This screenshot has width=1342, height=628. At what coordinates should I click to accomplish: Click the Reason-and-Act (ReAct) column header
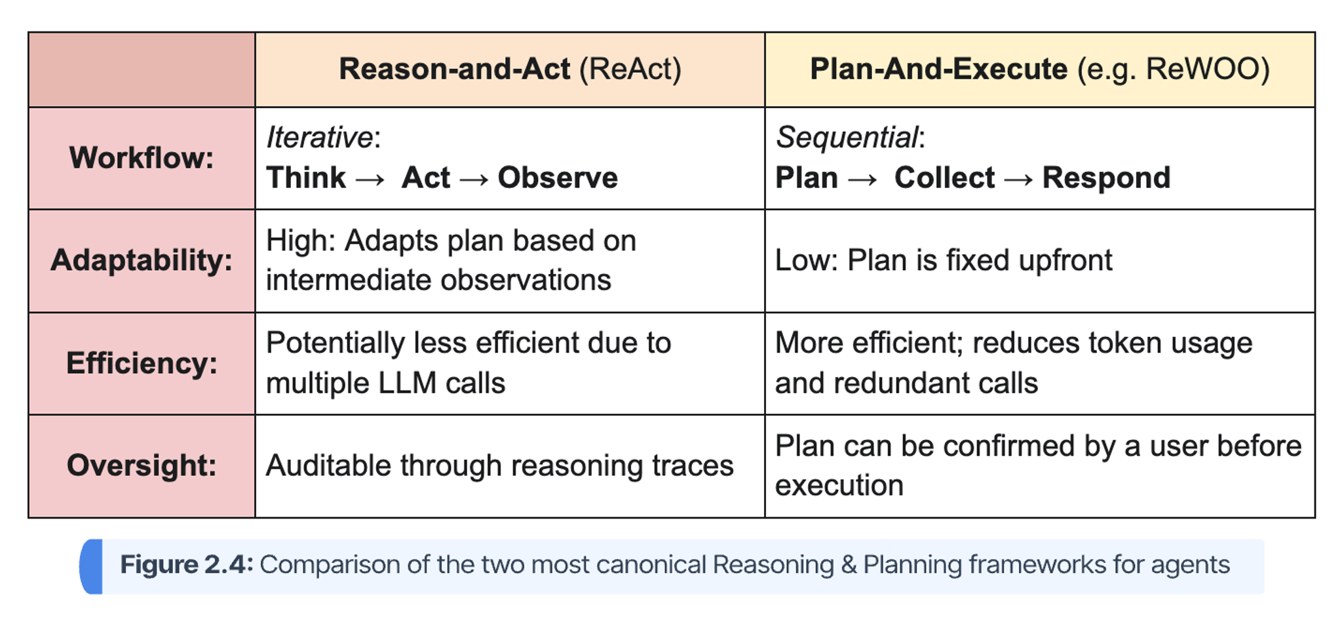tap(510, 69)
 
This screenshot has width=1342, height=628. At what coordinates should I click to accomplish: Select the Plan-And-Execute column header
tap(1040, 69)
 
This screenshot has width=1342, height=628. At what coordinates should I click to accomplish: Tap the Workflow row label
tap(142, 158)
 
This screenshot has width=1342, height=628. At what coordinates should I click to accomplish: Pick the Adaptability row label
tap(142, 260)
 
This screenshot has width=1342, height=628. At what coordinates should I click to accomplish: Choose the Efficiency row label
tap(142, 363)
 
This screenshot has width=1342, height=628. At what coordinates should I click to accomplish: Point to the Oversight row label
tap(142, 465)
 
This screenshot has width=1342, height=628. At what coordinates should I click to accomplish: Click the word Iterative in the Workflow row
tap(319, 138)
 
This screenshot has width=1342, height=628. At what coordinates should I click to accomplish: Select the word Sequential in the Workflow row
tap(847, 138)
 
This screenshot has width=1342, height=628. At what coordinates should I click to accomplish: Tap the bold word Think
tap(305, 178)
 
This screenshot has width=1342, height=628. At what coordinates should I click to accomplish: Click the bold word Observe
tap(558, 178)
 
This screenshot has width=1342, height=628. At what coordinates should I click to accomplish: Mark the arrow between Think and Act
tap(370, 179)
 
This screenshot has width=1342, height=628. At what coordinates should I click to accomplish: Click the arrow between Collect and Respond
tap(1018, 179)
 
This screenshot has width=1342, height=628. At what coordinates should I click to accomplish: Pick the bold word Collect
tap(944, 178)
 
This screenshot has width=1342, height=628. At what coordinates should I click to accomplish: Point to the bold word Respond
tap(1106, 178)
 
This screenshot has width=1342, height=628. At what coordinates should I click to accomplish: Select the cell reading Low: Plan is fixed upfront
tap(944, 260)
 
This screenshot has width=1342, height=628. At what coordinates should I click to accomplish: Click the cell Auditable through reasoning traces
tap(499, 465)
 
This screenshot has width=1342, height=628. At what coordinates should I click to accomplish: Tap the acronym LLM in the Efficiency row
tap(407, 383)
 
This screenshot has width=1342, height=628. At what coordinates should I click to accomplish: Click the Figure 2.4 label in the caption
tap(186, 564)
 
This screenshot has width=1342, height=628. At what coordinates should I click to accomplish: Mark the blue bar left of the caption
tap(91, 566)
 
